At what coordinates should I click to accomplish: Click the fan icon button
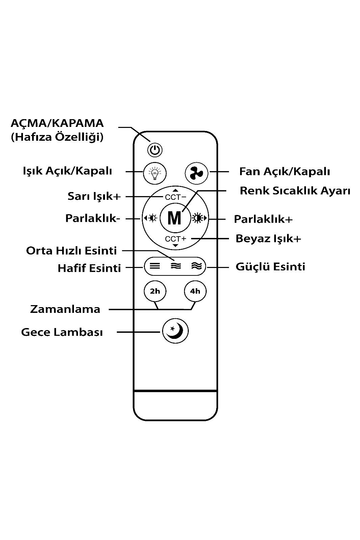197,173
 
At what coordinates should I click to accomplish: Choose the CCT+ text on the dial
175,239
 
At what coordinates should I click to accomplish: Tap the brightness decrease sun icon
151,218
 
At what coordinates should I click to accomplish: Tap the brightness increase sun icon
199,218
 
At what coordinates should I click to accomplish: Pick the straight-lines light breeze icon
155,266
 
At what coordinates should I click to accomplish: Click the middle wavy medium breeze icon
176,266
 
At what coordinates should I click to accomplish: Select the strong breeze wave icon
197,266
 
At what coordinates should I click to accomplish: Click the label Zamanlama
65,309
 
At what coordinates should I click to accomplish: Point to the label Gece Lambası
62,332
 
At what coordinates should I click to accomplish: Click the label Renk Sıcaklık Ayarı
295,191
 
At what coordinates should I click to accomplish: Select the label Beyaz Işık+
268,239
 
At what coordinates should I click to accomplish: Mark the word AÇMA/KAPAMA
57,124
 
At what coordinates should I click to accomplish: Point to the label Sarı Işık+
94,196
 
